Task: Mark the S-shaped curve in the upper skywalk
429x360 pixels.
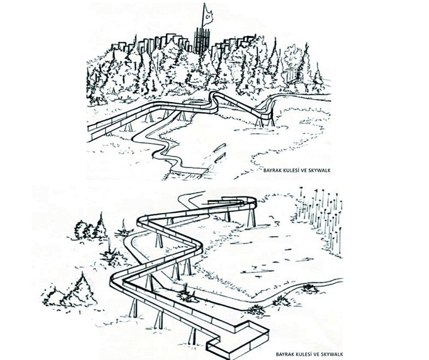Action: (212, 103)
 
